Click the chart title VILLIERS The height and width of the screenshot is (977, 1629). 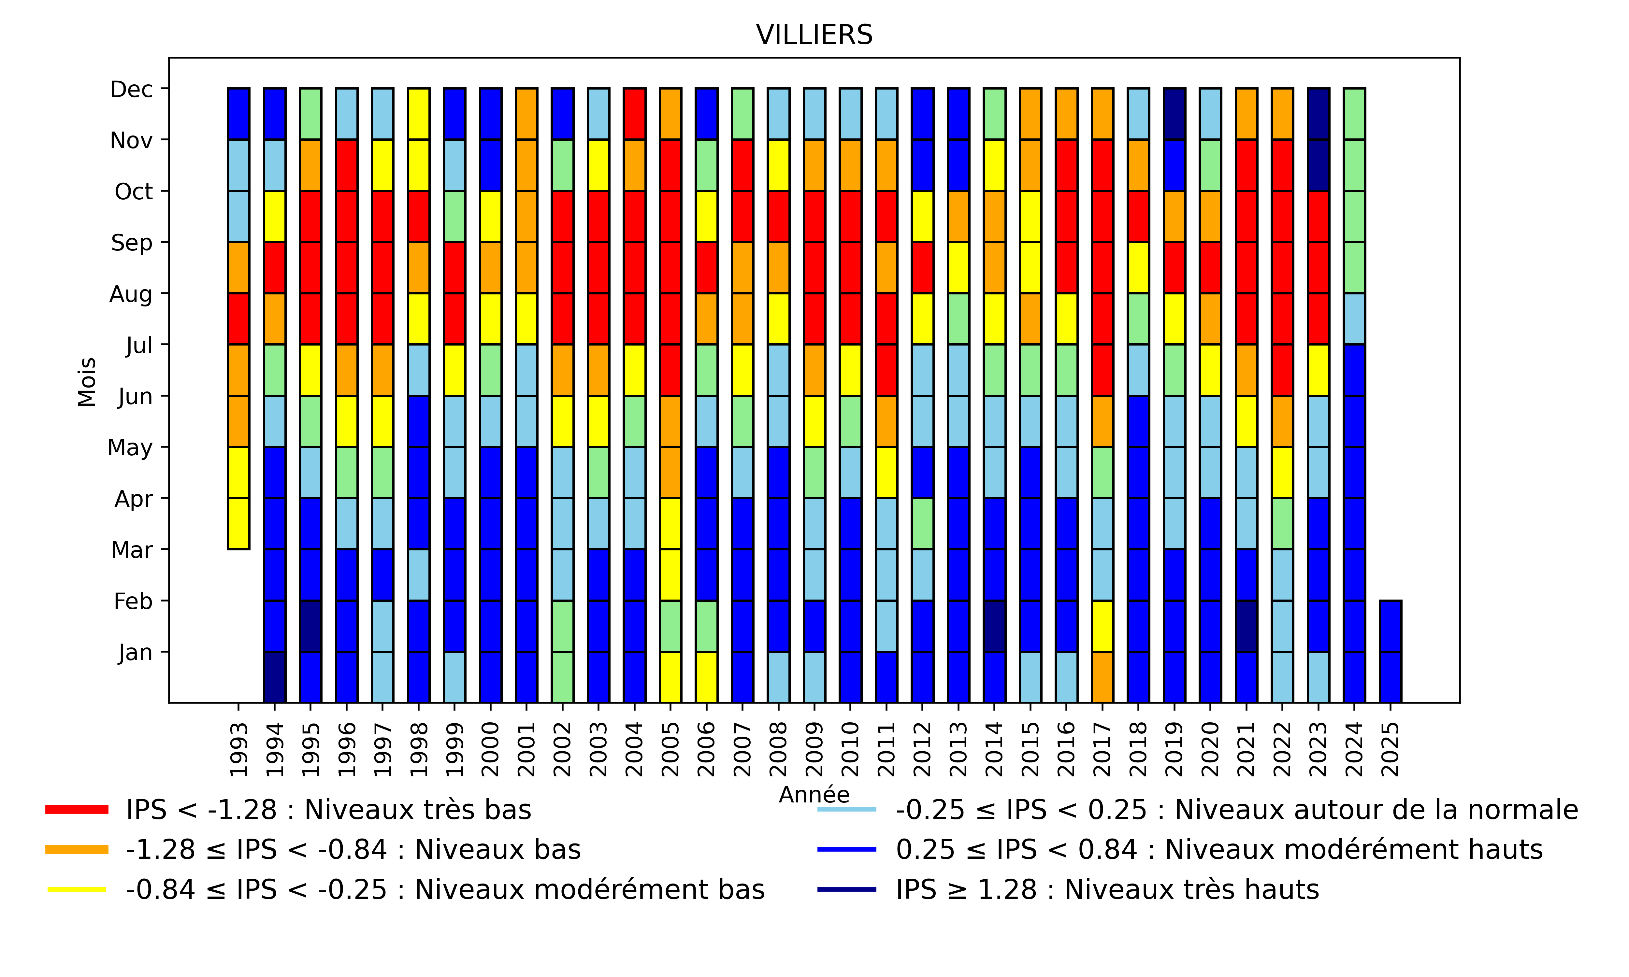814,35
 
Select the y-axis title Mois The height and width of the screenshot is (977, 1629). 87,382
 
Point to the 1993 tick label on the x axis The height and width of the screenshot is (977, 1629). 238,749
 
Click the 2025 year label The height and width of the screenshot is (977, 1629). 1390,749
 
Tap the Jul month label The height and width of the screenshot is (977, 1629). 139,345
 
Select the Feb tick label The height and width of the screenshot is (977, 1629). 133,601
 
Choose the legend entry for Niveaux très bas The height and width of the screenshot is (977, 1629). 328,810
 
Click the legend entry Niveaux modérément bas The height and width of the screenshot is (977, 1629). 444,889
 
